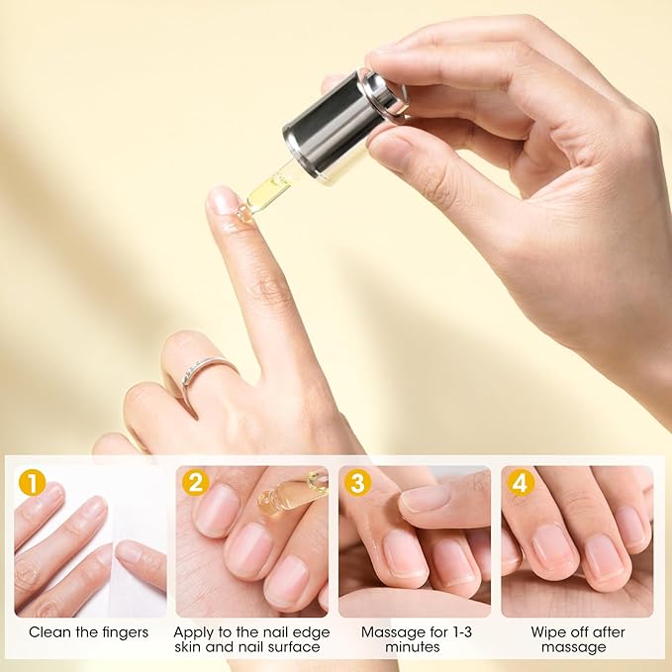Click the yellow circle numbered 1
[x=33, y=483]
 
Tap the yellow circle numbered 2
[x=195, y=483]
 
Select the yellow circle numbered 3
[x=357, y=483]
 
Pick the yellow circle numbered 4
[x=520, y=483]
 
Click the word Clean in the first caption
[x=50, y=631]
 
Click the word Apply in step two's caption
[x=193, y=631]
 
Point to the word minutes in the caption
[x=415, y=647]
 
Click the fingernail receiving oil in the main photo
[x=224, y=201]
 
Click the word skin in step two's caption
[x=192, y=647]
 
